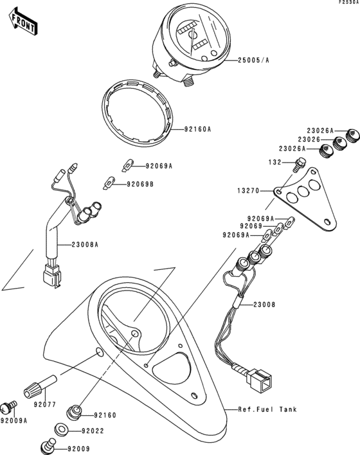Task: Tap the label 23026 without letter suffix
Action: (x=310, y=139)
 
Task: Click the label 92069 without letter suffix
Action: (x=252, y=226)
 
